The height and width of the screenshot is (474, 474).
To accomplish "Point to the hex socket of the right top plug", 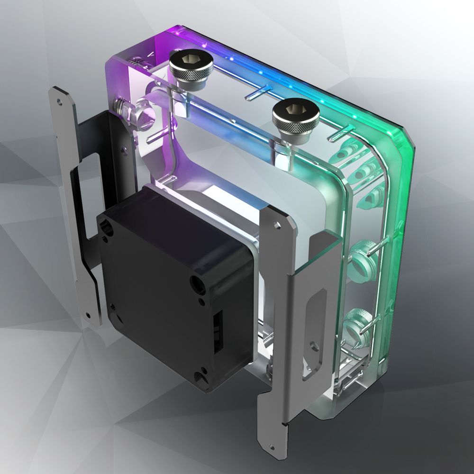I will pos(288,110).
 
